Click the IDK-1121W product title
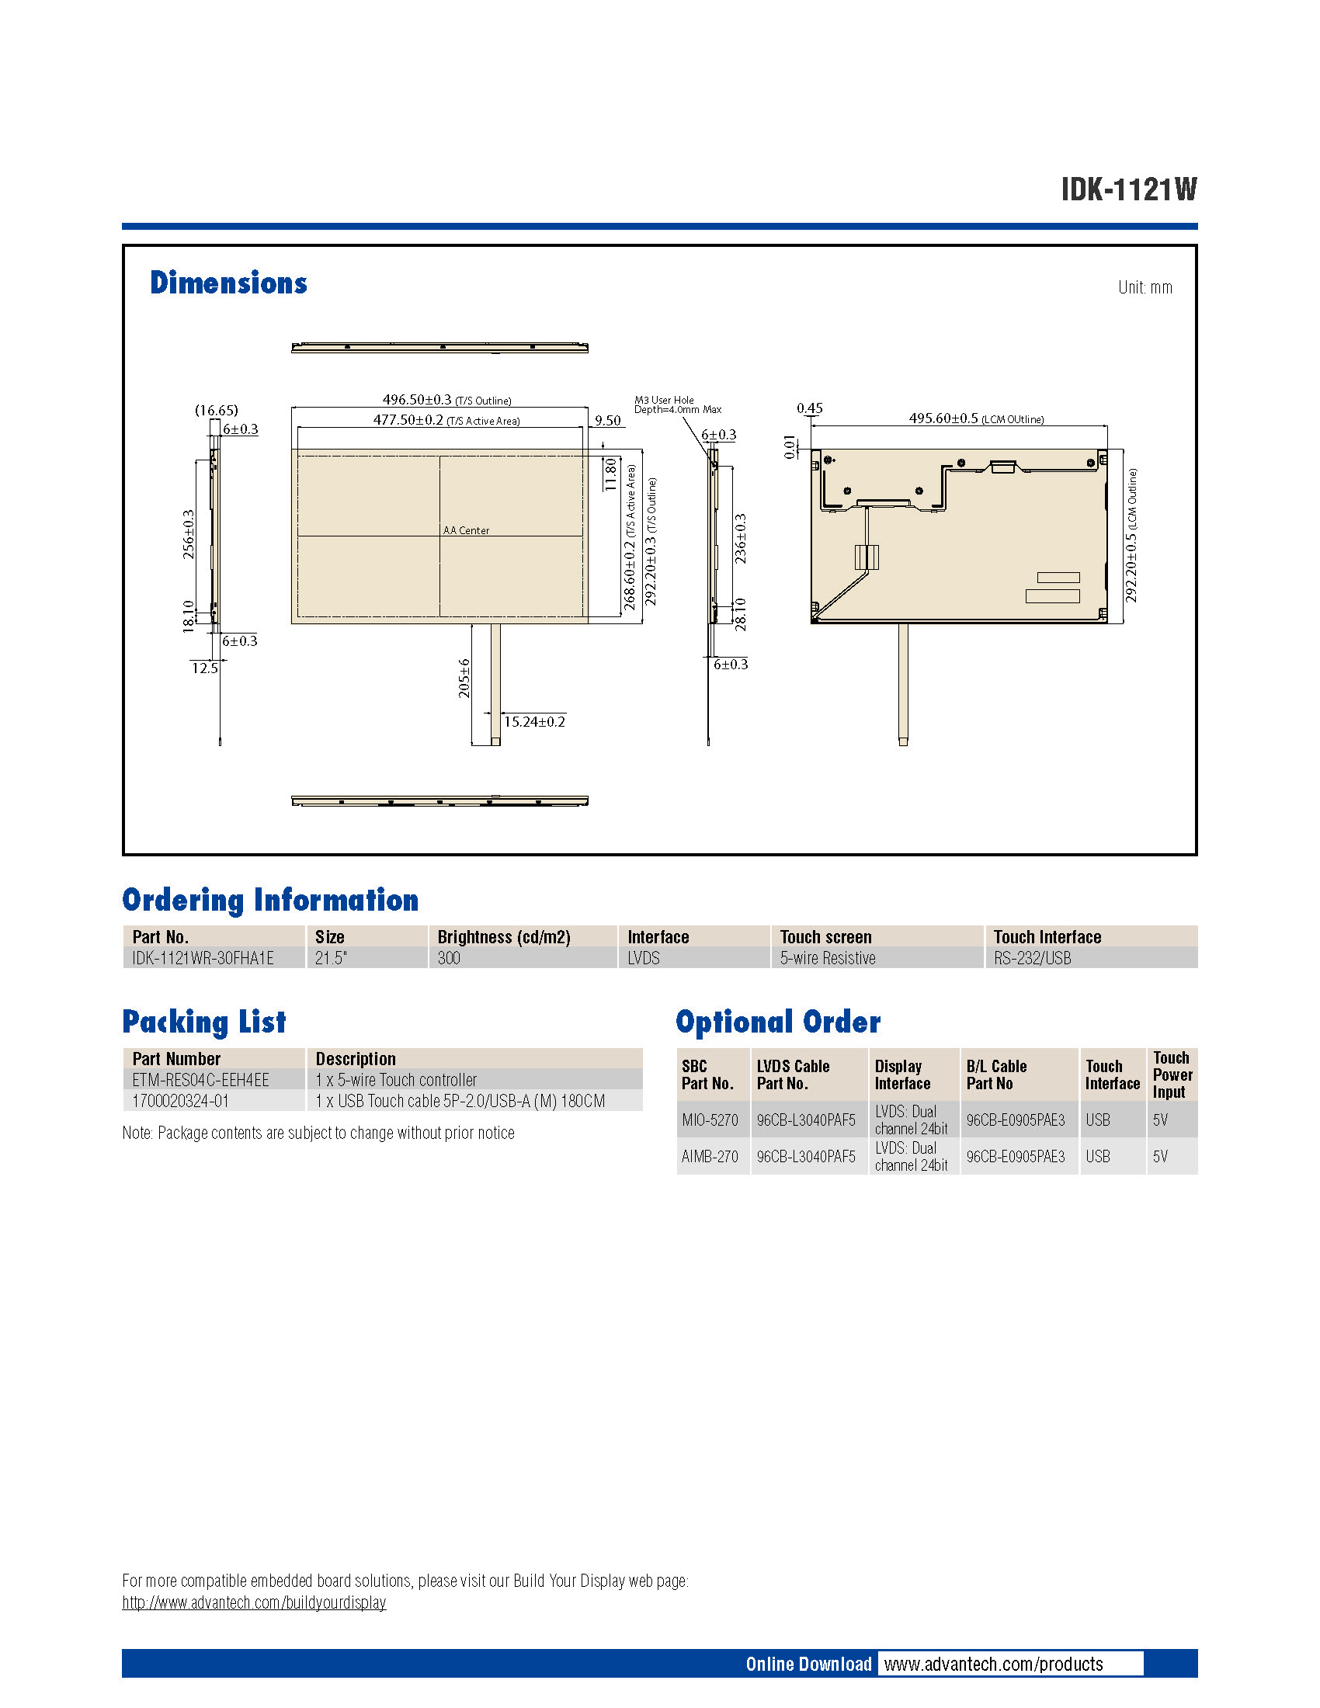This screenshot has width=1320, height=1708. [1127, 189]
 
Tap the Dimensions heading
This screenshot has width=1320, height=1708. [228, 283]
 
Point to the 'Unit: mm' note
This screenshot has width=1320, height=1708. [1144, 288]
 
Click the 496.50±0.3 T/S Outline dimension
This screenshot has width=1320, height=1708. [446, 400]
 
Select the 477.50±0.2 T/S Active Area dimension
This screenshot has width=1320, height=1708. [446, 420]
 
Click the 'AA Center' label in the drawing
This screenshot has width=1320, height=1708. [466, 530]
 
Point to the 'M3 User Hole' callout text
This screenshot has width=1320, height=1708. [664, 401]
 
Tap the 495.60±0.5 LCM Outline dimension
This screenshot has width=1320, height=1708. [975, 418]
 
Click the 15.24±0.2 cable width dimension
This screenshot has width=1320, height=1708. [534, 721]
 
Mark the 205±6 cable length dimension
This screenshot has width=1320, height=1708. [464, 678]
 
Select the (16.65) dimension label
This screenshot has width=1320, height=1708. [217, 410]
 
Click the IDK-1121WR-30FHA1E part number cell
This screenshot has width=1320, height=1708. [203, 958]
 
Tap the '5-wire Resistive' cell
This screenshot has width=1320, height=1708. [828, 958]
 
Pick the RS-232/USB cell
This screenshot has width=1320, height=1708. [1032, 958]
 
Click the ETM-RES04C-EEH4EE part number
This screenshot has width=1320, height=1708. [201, 1080]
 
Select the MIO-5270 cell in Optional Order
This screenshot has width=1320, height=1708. [709, 1120]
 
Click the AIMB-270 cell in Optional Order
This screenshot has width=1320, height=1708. [709, 1156]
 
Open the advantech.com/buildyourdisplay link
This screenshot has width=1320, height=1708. [254, 1602]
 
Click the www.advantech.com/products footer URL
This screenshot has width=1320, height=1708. [993, 1665]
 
